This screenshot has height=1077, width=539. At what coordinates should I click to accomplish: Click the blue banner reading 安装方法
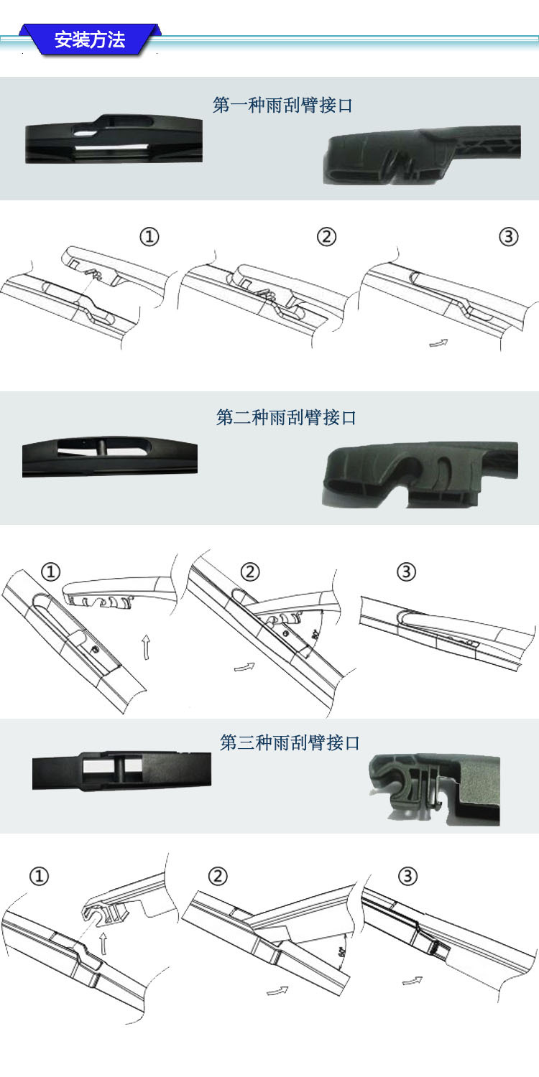(90, 39)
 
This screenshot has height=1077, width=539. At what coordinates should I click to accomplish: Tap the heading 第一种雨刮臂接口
(283, 106)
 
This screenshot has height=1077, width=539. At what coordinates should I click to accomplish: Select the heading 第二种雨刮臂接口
(286, 417)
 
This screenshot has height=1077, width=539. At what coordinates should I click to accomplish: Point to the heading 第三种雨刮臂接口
(289, 742)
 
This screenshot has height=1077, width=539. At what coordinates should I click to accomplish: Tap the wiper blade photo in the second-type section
(109, 457)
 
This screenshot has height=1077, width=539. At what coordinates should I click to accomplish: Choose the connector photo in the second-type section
(421, 474)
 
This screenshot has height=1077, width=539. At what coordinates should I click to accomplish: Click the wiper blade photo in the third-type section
(121, 770)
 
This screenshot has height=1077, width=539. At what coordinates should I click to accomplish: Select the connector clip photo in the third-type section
(433, 788)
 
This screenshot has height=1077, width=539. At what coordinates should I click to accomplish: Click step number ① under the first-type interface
(149, 237)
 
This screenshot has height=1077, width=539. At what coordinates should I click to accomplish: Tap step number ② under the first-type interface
(326, 237)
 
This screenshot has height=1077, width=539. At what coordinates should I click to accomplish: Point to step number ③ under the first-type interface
(509, 237)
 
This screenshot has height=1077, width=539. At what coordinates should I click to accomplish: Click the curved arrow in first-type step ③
(438, 343)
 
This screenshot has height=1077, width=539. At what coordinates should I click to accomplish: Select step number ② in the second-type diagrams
(249, 572)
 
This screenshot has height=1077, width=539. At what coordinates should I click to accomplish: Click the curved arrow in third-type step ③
(412, 980)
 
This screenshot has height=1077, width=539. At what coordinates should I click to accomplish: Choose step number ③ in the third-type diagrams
(407, 876)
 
